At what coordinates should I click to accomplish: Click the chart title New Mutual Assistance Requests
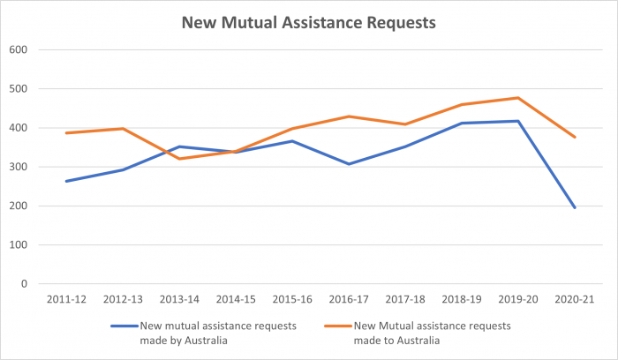pyautogui.click(x=309, y=22)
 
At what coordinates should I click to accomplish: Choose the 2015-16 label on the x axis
pyautogui.click(x=291, y=300)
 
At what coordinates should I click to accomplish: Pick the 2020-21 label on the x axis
pyautogui.click(x=574, y=300)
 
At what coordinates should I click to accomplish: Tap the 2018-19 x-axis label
pyautogui.click(x=461, y=300)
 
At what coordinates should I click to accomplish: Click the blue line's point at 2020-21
pyautogui.click(x=574, y=207)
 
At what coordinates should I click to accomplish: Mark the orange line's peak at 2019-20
pyautogui.click(x=517, y=98)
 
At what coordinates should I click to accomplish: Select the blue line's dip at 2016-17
pyautogui.click(x=348, y=164)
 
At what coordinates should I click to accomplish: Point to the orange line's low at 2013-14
pyautogui.click(x=178, y=159)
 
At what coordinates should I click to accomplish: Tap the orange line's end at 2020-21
pyautogui.click(x=574, y=137)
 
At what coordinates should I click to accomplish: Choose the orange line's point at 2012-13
pyautogui.click(x=122, y=129)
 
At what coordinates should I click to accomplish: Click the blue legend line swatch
pyautogui.click(x=133, y=325)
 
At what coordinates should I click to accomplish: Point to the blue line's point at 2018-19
pyautogui.click(x=461, y=124)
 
